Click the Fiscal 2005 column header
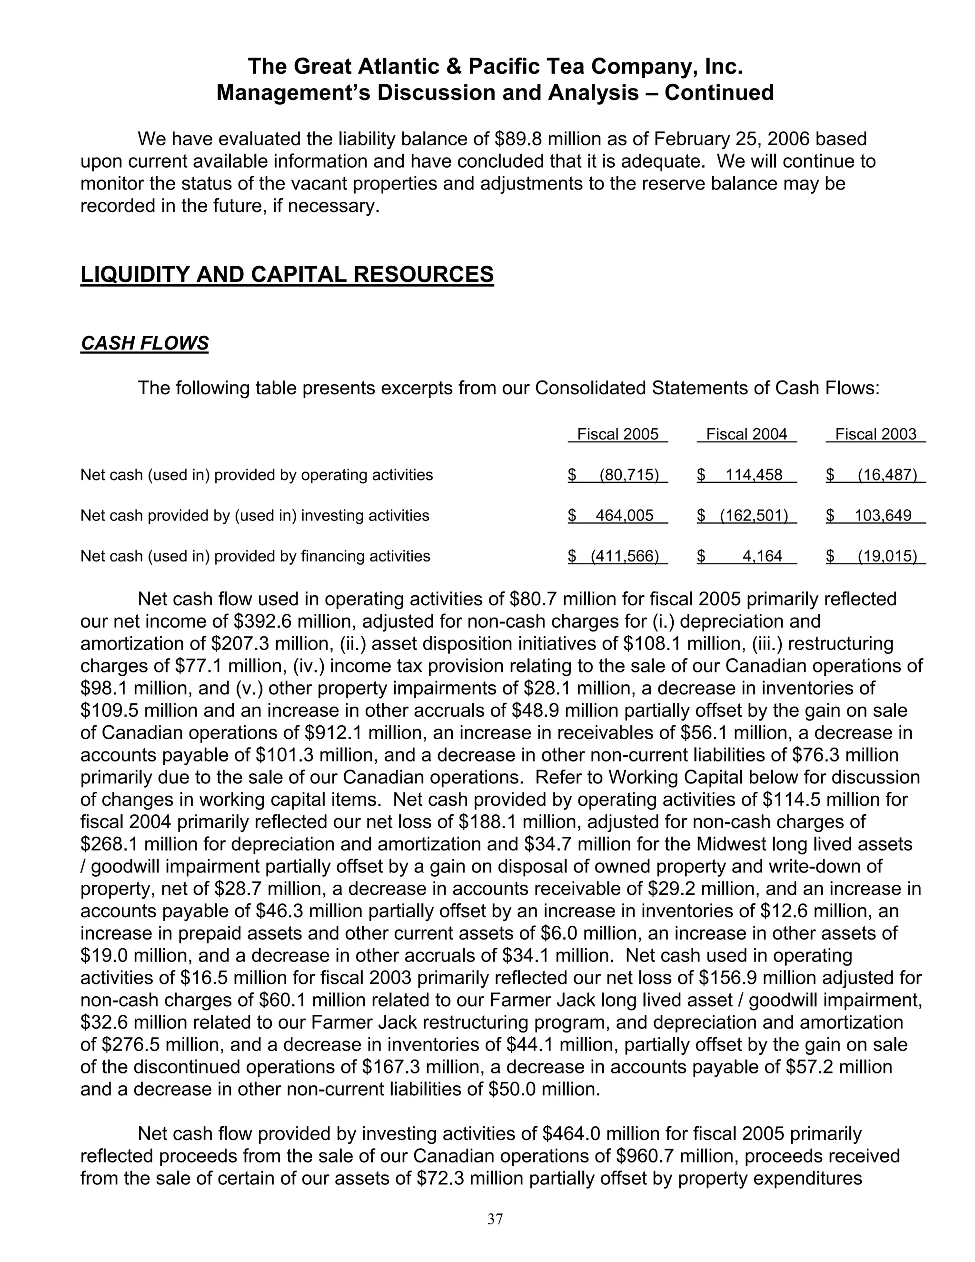tap(617, 434)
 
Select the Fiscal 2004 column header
tap(746, 434)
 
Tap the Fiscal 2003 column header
tap(876, 434)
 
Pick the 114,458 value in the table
tap(754, 475)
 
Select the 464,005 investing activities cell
tap(625, 515)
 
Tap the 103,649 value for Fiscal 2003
tap(883, 515)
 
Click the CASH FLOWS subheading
tap(144, 343)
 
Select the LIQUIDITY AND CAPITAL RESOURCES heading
tap(287, 274)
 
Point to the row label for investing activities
tap(255, 515)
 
